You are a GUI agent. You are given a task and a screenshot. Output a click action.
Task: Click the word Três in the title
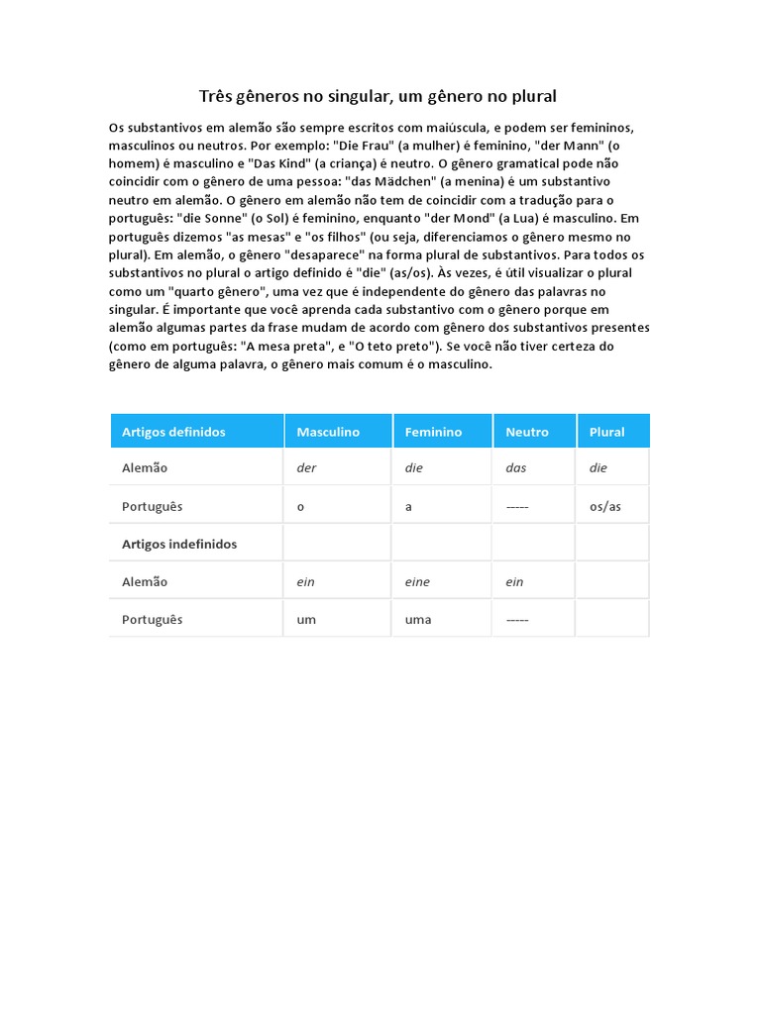215,96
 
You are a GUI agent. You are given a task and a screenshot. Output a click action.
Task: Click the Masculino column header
328,432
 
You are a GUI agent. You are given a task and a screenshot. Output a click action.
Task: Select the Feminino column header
433,432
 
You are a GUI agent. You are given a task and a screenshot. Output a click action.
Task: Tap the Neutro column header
526,432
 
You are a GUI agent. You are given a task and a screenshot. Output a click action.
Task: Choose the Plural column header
606,432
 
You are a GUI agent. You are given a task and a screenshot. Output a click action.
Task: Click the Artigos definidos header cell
173,432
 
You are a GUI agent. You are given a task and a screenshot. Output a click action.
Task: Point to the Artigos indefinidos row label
179,544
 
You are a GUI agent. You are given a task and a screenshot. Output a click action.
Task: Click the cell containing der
306,468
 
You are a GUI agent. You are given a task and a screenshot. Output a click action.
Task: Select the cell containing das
515,468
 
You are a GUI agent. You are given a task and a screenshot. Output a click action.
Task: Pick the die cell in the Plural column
598,468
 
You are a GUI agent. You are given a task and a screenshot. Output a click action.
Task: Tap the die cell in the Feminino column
413,468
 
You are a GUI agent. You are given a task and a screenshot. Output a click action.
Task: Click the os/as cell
604,507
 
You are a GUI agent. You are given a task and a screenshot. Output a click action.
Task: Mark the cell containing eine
417,582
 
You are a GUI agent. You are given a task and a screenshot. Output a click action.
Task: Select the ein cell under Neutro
514,582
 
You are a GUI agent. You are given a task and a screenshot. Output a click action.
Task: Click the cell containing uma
418,620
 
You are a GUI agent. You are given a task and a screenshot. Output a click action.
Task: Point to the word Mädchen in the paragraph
399,182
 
